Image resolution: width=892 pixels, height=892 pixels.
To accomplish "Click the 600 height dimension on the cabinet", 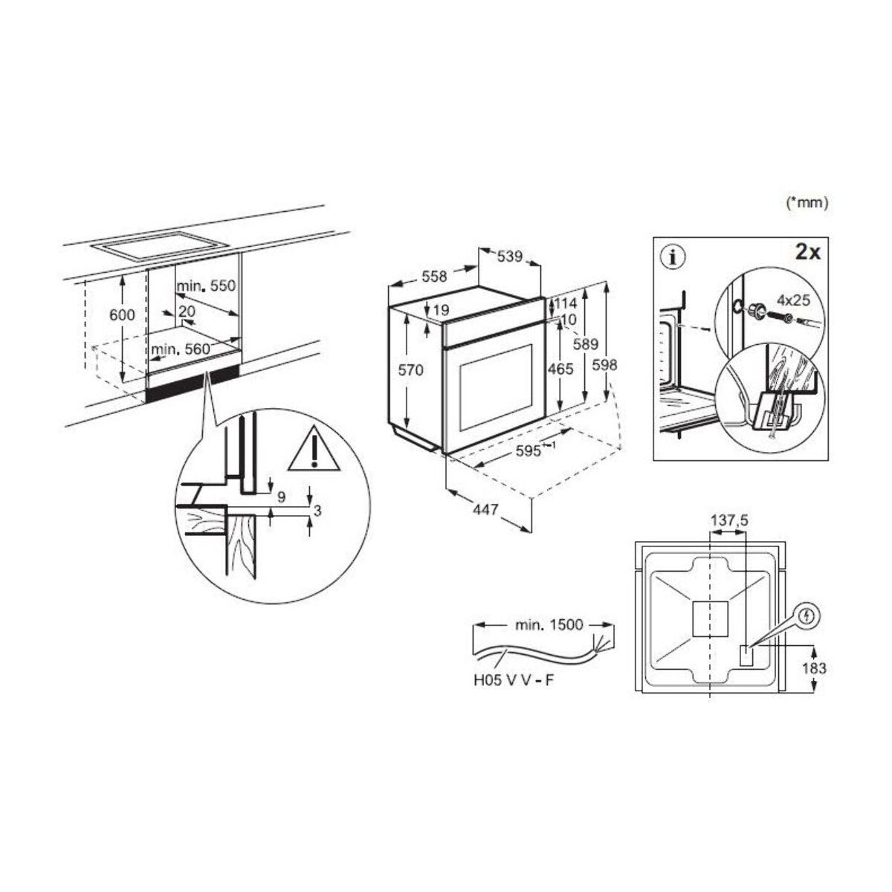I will point(122,314).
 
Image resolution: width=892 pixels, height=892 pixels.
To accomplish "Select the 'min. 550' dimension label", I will point(205,285).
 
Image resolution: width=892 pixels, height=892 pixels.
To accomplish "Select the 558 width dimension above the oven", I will point(433,277).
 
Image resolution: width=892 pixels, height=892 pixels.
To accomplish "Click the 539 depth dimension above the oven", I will point(509,257).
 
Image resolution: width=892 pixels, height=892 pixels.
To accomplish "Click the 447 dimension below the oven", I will point(485,510).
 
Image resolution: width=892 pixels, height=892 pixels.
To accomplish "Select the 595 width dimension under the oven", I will point(529,451).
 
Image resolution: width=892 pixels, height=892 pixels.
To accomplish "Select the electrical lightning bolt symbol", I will point(810,615).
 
